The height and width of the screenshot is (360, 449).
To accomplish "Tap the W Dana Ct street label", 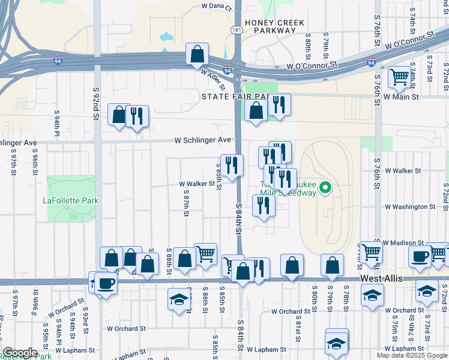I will click(216, 6).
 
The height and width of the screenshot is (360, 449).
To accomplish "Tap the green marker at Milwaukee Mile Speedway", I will click(325, 188).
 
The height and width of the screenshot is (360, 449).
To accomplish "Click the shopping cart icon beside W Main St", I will click(399, 77).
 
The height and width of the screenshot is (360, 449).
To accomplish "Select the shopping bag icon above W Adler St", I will click(197, 55).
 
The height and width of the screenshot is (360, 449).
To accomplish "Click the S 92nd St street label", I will click(95, 102).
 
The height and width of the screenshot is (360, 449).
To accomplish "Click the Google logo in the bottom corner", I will click(20, 353).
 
